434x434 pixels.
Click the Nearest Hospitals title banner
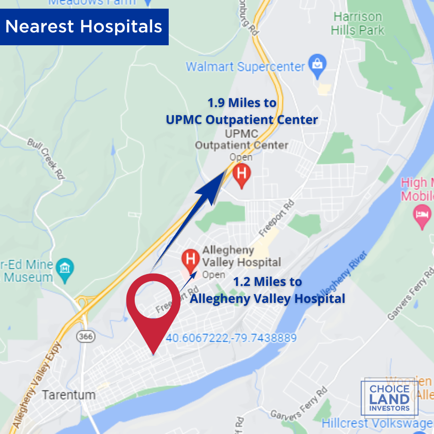[x=84, y=27]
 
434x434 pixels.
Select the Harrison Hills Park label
[x=358, y=23]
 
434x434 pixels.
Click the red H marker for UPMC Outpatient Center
[x=242, y=174]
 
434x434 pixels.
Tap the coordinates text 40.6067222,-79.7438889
[x=231, y=338]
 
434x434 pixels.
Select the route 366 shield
[x=84, y=336]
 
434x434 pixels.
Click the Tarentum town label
[x=69, y=395]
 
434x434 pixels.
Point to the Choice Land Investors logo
[x=390, y=398]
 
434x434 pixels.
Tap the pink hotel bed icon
[x=422, y=214]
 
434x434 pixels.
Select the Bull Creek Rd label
[x=47, y=158]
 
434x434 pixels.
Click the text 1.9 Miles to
[x=242, y=103]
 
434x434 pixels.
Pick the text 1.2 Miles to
[x=267, y=282]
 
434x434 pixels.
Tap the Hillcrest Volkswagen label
[x=377, y=423]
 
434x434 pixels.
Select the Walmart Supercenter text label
[x=245, y=67]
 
